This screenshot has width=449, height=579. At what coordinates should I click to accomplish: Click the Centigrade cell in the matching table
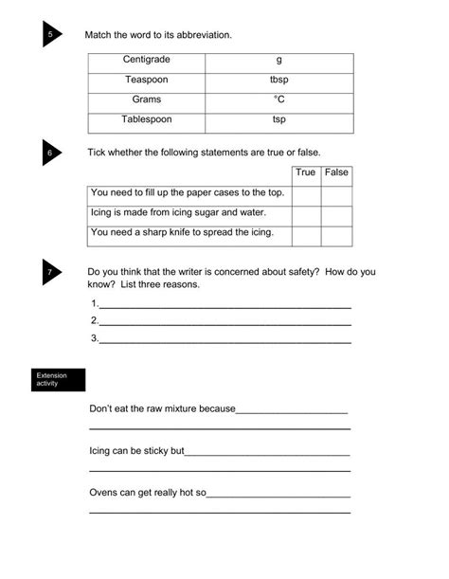147,61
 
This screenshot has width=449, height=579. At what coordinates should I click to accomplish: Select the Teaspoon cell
147,81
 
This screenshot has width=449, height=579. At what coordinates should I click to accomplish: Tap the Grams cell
147,100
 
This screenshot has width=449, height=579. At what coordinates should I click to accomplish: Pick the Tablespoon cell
147,120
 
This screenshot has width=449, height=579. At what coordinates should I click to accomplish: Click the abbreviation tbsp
278,81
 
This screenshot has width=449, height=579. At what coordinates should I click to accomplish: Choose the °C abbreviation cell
278,100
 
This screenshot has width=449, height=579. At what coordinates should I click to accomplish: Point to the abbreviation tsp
278,120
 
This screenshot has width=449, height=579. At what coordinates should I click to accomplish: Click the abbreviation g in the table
278,61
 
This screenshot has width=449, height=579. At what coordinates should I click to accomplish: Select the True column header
305,173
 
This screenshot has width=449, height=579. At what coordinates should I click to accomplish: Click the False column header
336,173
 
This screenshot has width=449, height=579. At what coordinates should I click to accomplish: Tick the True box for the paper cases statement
305,194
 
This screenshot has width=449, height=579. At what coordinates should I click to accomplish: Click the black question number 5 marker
50,36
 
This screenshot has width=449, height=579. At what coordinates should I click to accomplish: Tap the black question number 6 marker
50,153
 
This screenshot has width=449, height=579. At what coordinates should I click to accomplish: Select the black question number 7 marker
50,273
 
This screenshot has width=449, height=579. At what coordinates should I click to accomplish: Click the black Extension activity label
59,380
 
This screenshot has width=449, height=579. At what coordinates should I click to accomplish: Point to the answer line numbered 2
224,321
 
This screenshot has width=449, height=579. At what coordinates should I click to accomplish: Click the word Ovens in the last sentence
103,494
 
